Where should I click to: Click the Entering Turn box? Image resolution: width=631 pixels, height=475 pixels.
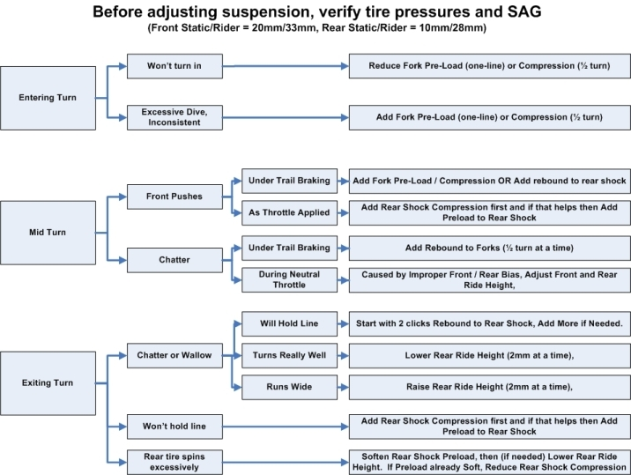(x=48, y=98)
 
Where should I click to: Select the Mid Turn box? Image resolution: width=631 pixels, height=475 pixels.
(x=48, y=233)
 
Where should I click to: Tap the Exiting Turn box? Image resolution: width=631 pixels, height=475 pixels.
(x=48, y=383)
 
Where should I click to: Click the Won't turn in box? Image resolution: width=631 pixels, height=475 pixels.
(x=174, y=66)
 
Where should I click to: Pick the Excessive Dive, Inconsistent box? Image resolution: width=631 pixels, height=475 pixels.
(x=174, y=117)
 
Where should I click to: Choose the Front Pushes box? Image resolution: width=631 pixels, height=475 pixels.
(x=174, y=197)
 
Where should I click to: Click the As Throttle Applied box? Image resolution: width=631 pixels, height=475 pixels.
(x=289, y=212)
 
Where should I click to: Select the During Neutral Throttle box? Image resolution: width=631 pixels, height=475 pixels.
(x=289, y=279)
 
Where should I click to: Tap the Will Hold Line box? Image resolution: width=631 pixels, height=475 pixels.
(x=289, y=323)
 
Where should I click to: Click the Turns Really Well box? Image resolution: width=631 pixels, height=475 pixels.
(x=289, y=355)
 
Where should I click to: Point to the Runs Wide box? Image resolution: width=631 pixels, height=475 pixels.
(x=289, y=387)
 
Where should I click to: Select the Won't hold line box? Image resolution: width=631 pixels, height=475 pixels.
(x=174, y=427)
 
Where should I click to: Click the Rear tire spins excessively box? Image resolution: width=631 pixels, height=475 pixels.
(x=174, y=462)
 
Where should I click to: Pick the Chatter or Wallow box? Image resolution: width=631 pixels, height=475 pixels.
(x=174, y=355)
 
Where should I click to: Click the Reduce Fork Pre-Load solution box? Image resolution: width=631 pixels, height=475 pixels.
(x=489, y=66)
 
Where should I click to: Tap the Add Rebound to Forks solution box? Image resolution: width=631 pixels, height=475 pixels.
(x=489, y=248)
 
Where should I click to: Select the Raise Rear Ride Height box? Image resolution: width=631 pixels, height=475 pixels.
(x=489, y=387)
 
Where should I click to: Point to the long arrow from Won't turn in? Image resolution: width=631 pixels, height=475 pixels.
(x=286, y=66)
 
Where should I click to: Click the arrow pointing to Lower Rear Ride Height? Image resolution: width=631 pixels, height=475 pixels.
(x=343, y=355)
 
